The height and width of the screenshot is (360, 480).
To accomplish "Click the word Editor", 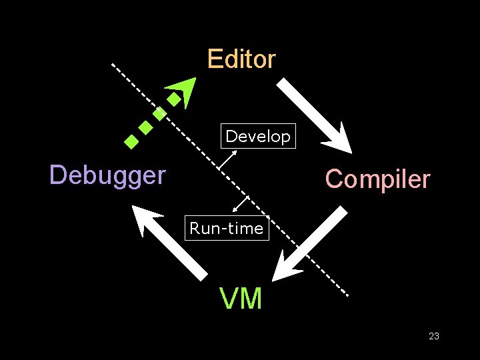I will click(241, 59).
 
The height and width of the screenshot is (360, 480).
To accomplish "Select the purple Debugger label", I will click(107, 175).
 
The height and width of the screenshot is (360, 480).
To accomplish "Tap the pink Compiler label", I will click(377, 179).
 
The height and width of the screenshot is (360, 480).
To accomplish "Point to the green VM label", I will click(241, 299).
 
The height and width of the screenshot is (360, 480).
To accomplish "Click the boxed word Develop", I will click(258, 137).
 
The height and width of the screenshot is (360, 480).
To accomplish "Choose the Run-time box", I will click(227, 229).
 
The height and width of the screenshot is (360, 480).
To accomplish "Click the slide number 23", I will click(434, 336).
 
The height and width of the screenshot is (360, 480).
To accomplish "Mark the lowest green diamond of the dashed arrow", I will click(131, 141).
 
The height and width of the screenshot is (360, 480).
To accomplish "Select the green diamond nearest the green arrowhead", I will click(173, 100).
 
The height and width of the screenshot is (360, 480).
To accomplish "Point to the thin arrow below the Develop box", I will click(229, 159).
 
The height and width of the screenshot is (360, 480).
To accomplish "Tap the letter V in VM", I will click(231, 299).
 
